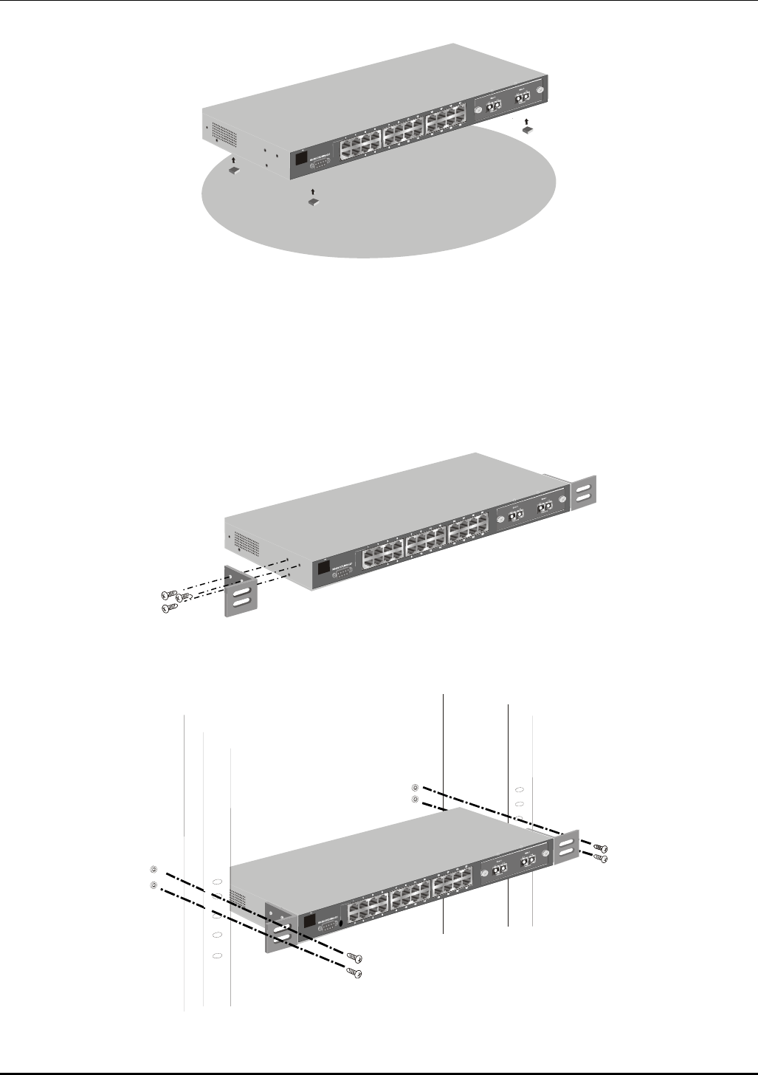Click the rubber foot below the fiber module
click(528, 129)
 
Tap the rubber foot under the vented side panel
click(234, 171)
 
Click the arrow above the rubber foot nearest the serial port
click(314, 192)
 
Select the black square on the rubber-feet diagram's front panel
click(301, 157)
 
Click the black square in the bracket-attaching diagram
click(322, 568)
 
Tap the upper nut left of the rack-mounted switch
click(154, 869)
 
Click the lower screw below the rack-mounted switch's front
click(355, 974)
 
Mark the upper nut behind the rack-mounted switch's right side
click(415, 787)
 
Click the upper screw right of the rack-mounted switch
click(600, 847)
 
